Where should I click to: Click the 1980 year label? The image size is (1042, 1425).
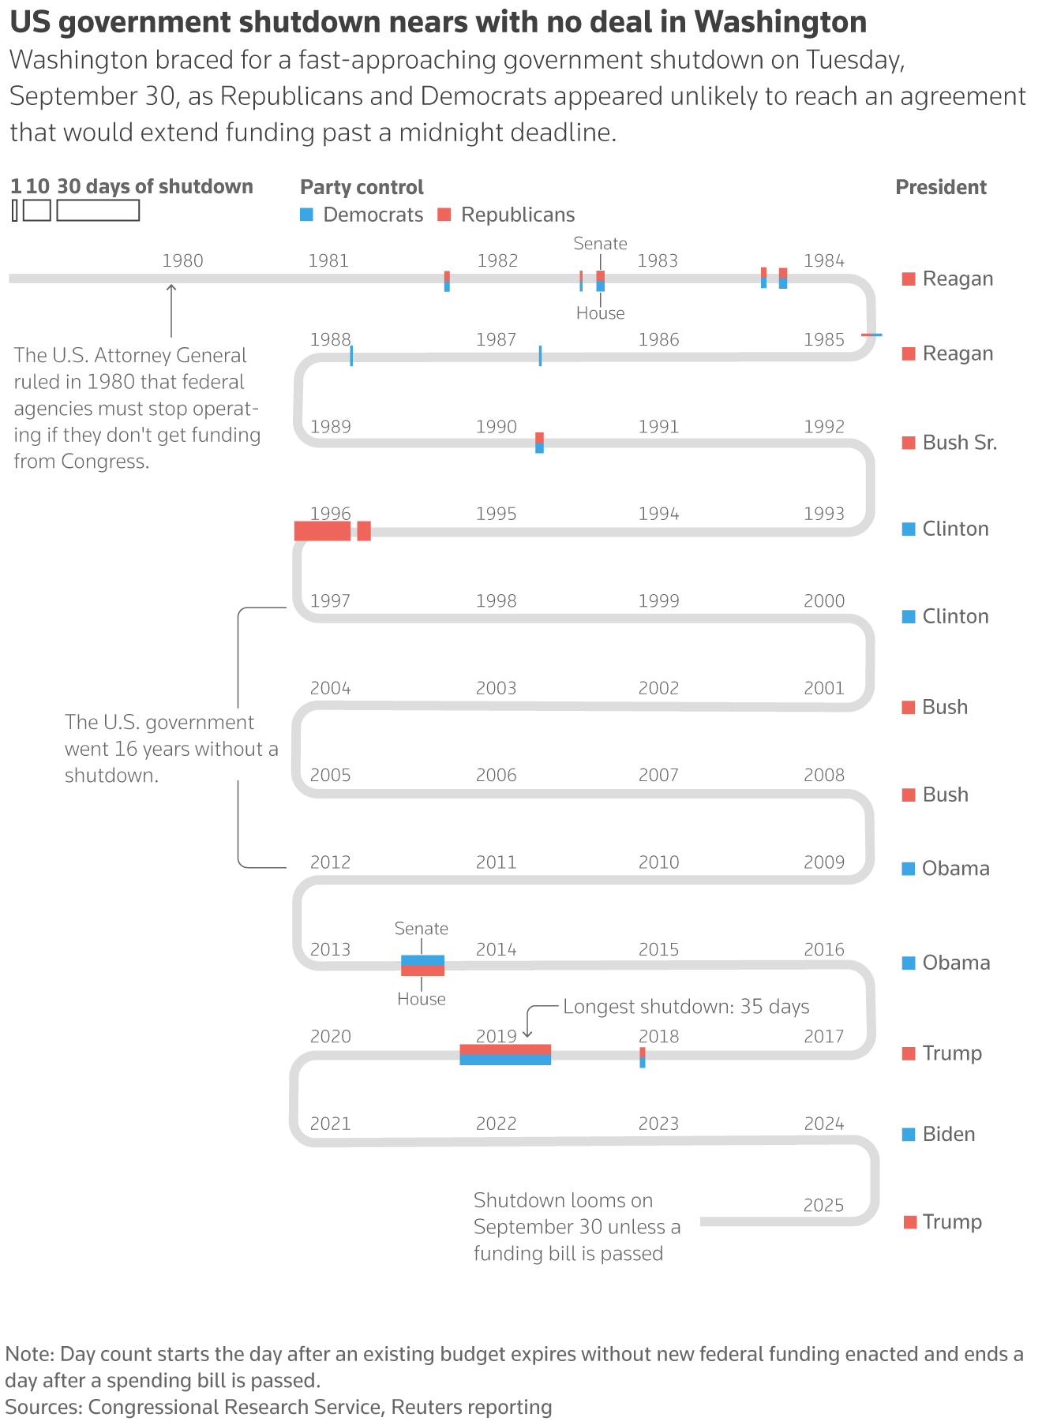182,261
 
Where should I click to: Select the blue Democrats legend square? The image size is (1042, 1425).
307,214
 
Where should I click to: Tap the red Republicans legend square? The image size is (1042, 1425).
444,214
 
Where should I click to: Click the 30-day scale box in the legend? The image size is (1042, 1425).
98,211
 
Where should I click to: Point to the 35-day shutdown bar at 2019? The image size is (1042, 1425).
505,1055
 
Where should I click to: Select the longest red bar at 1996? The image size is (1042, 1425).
322,531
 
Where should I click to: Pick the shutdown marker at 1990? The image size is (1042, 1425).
539,443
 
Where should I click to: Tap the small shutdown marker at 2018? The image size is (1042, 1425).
643,1057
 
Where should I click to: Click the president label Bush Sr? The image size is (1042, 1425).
959,443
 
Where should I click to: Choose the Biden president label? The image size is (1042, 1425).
948,1135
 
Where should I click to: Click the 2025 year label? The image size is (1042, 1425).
823,1206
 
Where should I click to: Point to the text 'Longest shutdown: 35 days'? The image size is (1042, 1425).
686,1007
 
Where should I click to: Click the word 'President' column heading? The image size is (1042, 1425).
941,188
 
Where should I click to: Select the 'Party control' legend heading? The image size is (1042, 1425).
362,188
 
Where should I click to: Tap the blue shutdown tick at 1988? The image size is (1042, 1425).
351,356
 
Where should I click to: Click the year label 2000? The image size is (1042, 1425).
824,601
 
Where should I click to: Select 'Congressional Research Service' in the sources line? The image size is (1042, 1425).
234,1407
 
